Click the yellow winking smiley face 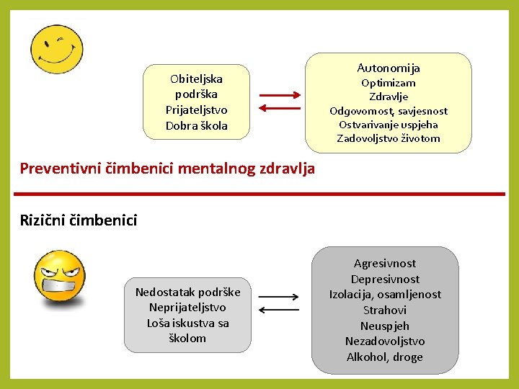[57, 50]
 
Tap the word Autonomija [389, 68]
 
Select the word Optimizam [389, 83]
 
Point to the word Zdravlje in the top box [389, 97]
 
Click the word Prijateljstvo [196, 109]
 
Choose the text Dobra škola [196, 125]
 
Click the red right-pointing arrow [280, 94]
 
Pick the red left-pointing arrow [280, 109]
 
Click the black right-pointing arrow [279, 296]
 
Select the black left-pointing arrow [279, 310]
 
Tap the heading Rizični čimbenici [79, 220]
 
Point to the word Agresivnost [385, 264]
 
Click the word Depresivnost [385, 279]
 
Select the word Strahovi [385, 310]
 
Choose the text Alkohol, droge [385, 357]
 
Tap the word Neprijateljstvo [187, 307]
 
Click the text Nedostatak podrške [187, 291]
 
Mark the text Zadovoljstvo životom [389, 138]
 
